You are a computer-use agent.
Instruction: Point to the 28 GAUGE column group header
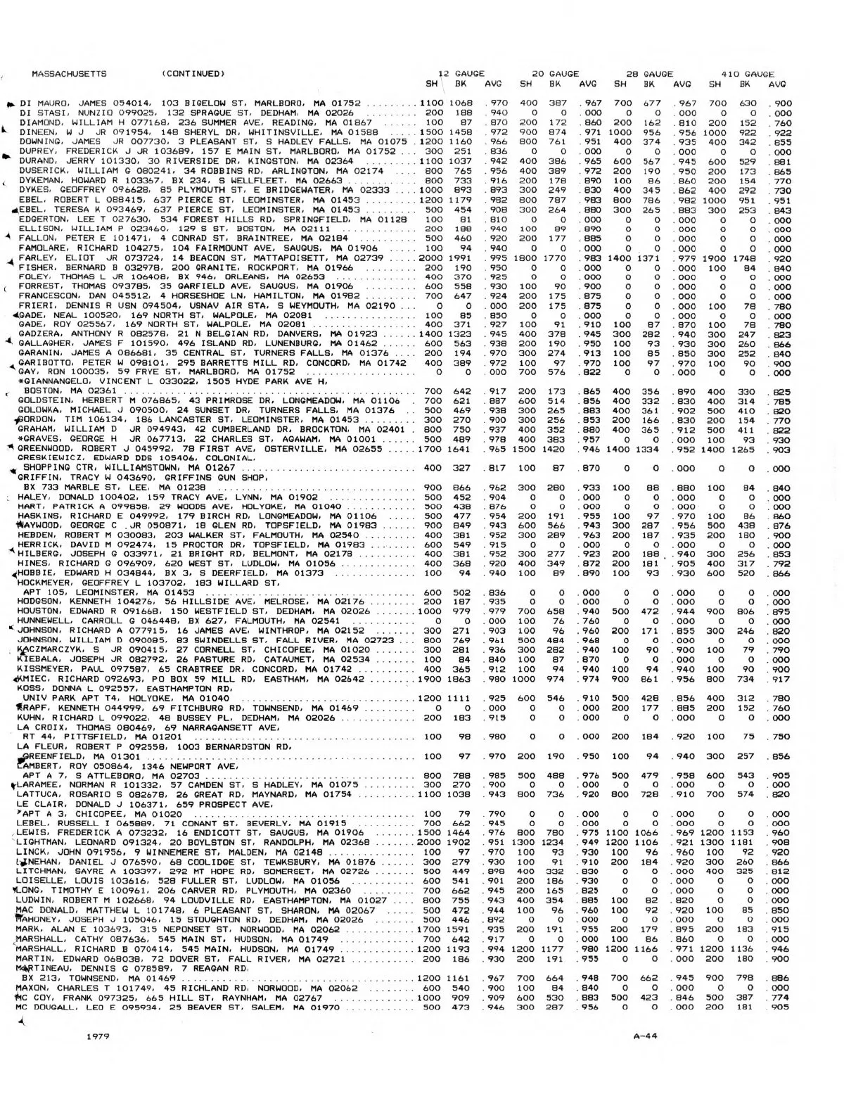coord(649,73)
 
